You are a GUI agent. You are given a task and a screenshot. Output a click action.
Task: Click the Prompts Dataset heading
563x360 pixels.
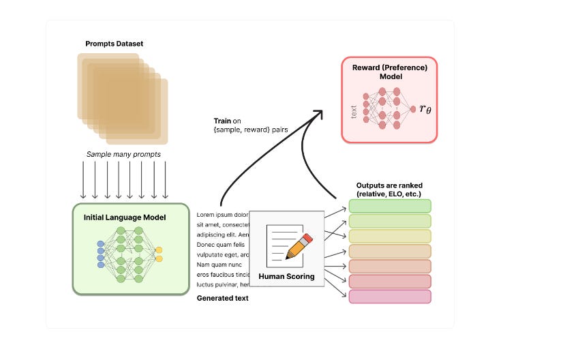pos(115,44)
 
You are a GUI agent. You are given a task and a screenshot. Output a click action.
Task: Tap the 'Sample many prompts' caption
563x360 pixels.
pos(123,154)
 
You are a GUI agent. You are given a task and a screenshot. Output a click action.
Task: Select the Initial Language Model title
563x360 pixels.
pos(125,217)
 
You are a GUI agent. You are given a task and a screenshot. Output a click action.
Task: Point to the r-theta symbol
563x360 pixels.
pos(426,109)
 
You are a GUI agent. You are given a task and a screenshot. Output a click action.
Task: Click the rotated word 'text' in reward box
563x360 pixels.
pos(354,110)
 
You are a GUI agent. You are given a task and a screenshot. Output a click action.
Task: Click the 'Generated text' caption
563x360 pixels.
pos(223,298)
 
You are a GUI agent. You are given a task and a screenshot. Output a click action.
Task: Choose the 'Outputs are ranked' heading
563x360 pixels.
pos(389,189)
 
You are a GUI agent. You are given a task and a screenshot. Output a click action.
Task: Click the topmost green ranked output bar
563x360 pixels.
pos(390,206)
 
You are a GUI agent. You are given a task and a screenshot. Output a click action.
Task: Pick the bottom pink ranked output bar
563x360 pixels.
pos(390,296)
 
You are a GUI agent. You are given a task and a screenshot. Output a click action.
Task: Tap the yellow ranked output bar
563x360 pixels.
pos(390,236)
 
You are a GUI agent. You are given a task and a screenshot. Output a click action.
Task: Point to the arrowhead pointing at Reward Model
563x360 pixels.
pos(319,114)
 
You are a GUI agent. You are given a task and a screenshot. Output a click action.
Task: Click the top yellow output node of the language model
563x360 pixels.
pos(159,250)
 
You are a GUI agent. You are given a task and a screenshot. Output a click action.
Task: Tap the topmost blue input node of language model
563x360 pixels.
pos(101,243)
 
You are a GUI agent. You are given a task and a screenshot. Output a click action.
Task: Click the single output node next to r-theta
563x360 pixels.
pos(413,109)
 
